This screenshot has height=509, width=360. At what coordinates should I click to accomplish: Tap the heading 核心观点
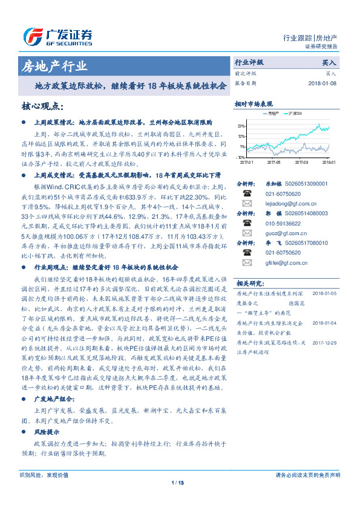pos(43,107)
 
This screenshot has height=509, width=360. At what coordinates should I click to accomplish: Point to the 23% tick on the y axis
pos(241,127)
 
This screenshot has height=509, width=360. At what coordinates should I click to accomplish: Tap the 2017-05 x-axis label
pos(273,162)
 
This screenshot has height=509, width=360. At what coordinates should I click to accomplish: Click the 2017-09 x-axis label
pos(301,162)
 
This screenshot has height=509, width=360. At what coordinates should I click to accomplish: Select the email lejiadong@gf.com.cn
pos(287,204)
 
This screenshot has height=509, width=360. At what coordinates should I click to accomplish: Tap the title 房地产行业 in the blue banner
pos(54,66)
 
